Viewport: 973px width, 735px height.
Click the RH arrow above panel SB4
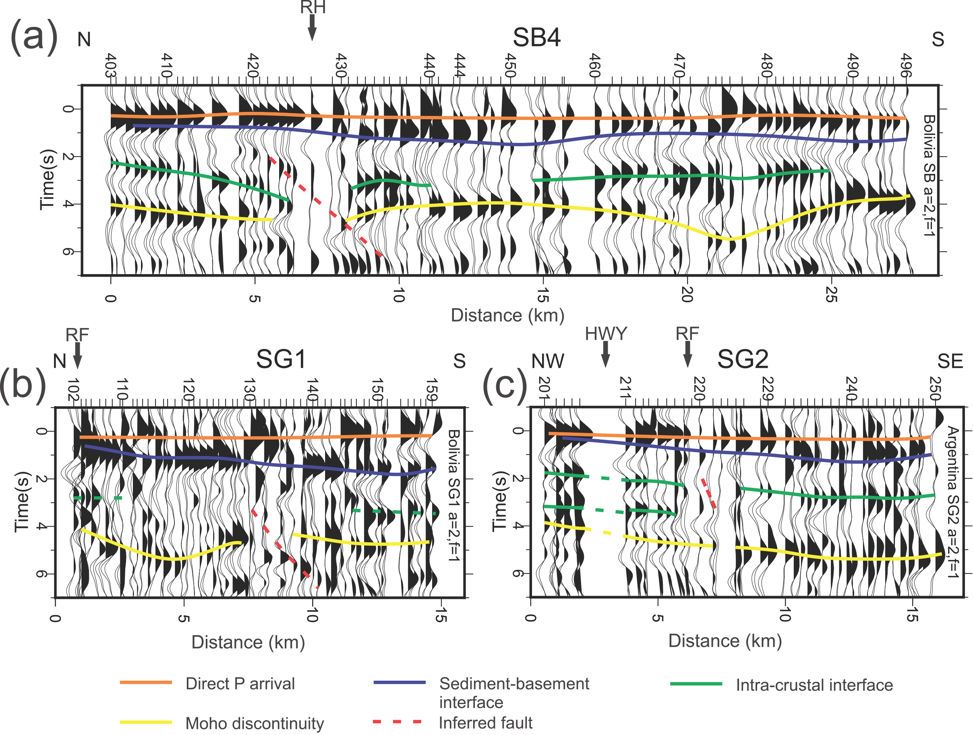312,27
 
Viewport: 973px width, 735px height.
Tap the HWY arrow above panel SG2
605,353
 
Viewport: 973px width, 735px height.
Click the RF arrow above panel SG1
77,355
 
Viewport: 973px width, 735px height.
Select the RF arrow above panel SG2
687,353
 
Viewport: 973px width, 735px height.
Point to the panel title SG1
281,359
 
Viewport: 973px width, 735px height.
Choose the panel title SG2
743,359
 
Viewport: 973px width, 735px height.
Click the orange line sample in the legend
146,682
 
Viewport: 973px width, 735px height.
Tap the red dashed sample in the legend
397,721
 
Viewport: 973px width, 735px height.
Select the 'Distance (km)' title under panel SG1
248,642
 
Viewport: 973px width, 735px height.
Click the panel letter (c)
505,386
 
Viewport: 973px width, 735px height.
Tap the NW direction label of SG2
547,361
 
